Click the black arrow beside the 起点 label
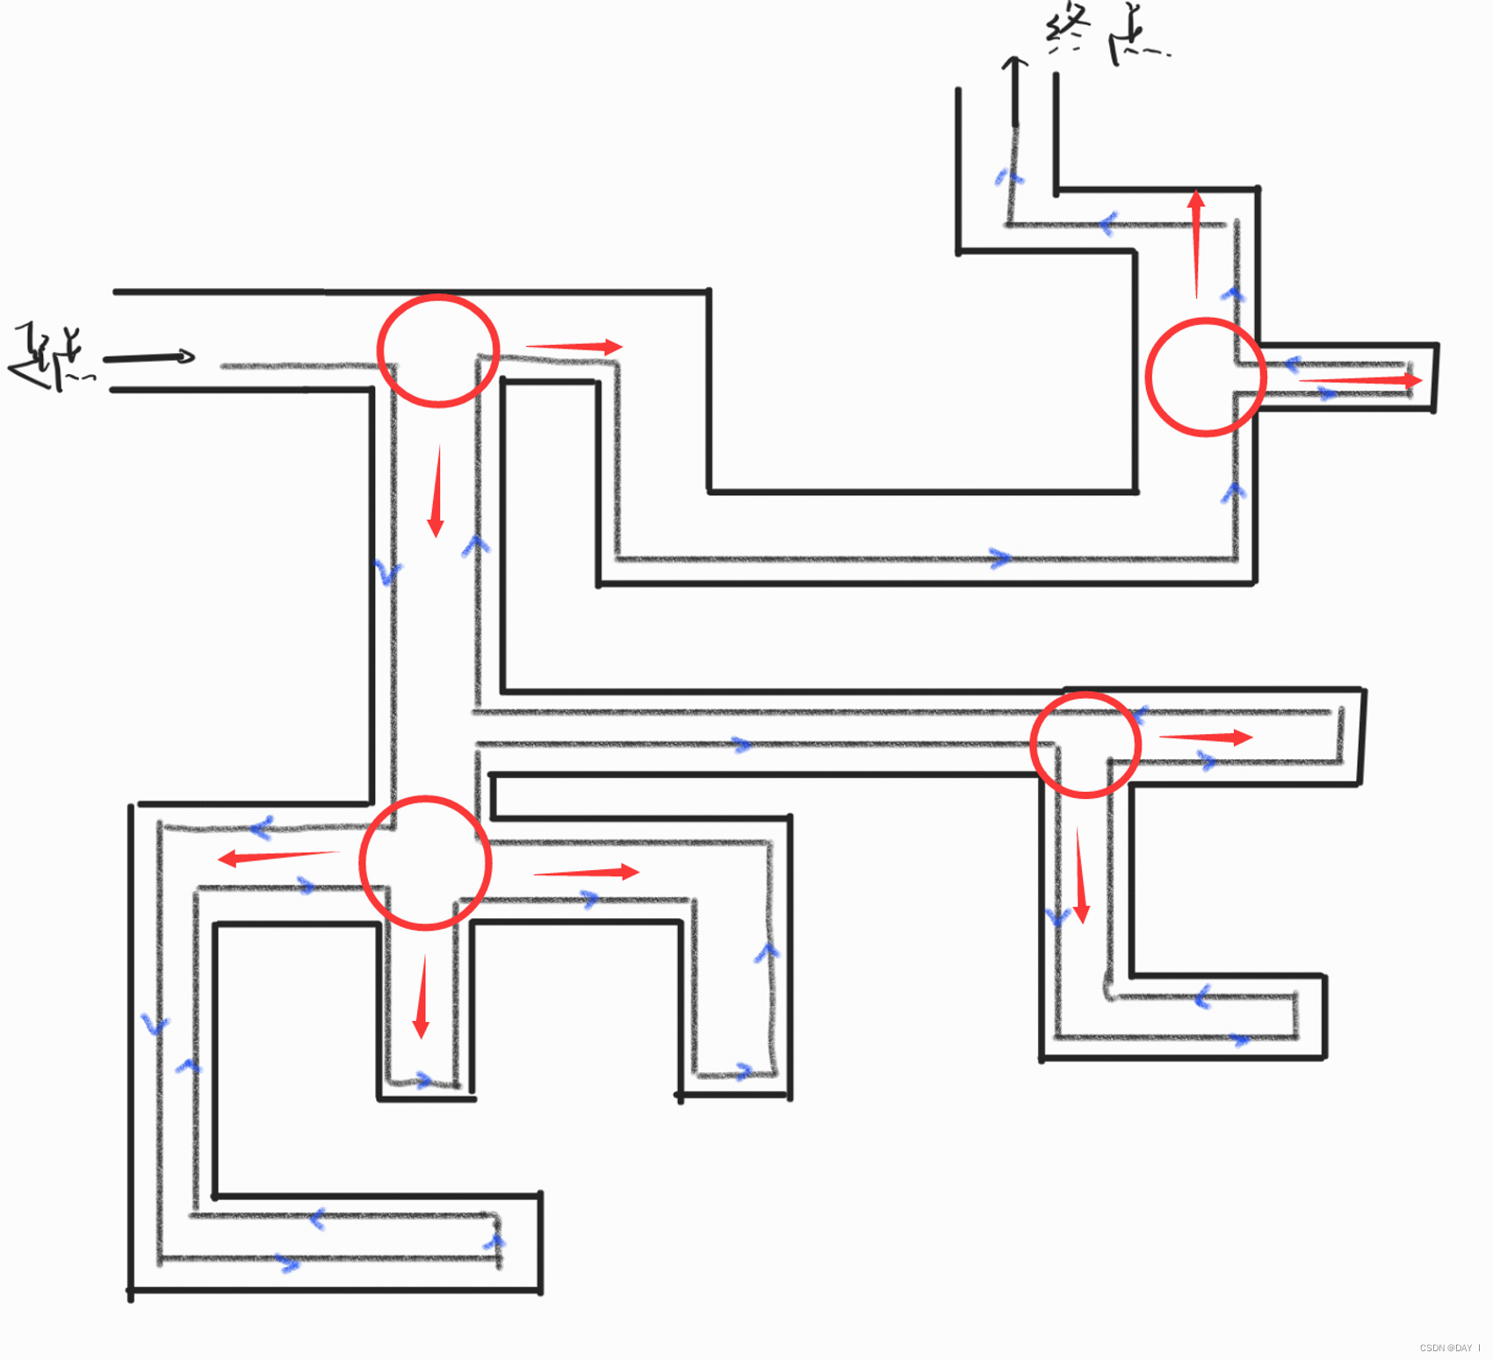click(148, 357)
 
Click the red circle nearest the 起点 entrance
click(438, 351)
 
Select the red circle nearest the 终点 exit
click(1206, 377)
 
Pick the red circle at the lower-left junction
click(425, 863)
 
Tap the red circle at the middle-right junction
click(1085, 745)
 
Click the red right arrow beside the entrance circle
click(574, 347)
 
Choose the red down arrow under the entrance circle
click(436, 492)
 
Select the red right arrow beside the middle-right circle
click(1206, 738)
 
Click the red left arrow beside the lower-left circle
click(278, 856)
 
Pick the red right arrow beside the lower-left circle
click(586, 872)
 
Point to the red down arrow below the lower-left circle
click(422, 997)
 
